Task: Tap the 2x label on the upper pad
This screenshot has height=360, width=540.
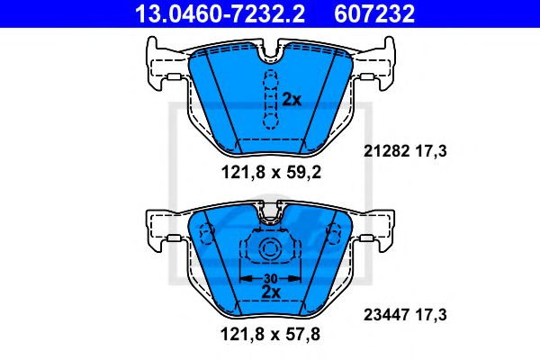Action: pyautogui.click(x=291, y=100)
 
